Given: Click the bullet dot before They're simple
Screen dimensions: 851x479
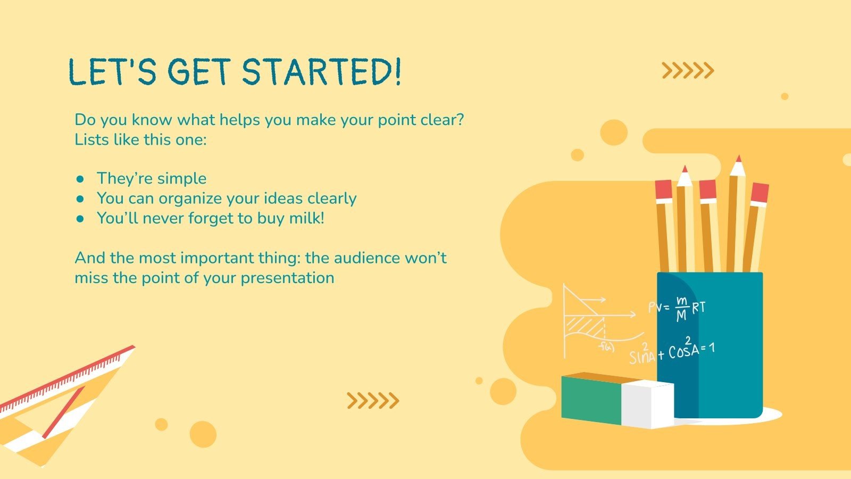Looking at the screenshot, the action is click(80, 179).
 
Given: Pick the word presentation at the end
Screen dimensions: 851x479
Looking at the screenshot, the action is click(287, 278).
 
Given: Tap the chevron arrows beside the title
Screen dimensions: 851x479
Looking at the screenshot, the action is click(688, 70).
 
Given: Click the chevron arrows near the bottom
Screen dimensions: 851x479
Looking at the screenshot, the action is click(373, 401).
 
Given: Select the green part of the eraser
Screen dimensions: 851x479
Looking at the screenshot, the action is click(591, 400).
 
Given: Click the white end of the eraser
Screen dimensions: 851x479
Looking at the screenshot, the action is click(648, 404).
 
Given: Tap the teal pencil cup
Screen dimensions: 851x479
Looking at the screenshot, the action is click(710, 345).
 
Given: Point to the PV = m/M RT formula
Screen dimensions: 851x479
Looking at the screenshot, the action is click(677, 308).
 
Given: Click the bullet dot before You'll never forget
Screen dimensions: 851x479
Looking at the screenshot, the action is click(80, 219).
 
